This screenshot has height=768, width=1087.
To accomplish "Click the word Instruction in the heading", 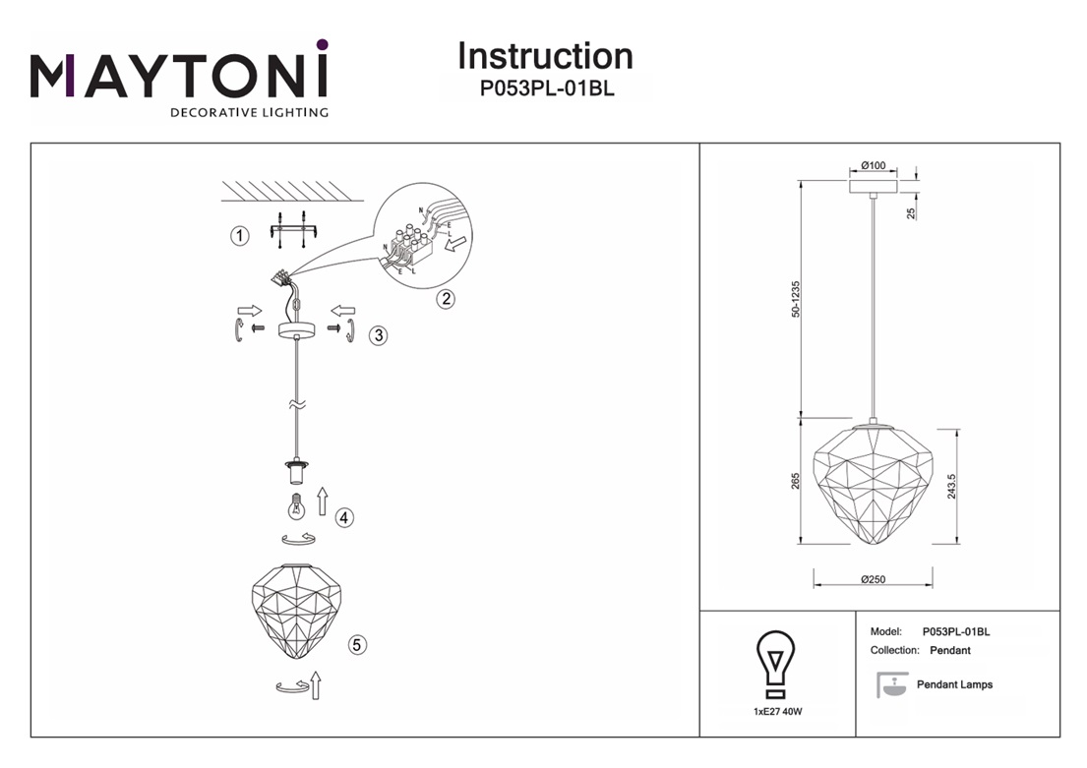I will point(545,56).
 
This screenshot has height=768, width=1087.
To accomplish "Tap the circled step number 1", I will point(238,235).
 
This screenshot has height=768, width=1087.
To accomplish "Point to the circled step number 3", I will point(378,335).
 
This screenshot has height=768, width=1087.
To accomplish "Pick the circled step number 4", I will point(343,517).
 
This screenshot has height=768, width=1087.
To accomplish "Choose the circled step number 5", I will point(357,645).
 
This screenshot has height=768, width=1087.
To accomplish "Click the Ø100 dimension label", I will point(873,165).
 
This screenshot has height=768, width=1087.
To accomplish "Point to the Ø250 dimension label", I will point(873,579).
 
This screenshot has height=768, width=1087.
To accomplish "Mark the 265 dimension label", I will point(796,482).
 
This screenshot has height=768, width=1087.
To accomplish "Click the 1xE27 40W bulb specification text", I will point(776,711).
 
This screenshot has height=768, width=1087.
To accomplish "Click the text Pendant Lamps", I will point(954,684).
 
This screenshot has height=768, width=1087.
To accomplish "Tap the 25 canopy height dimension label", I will point(911,211).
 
